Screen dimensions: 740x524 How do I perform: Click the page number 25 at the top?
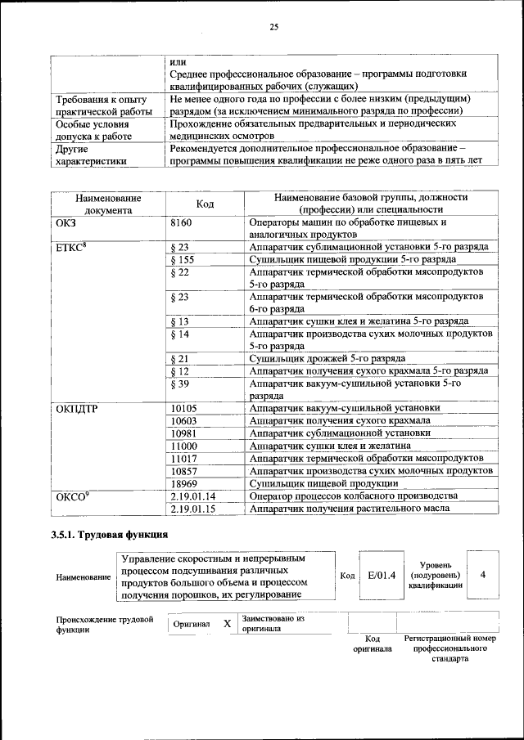(x=274, y=27)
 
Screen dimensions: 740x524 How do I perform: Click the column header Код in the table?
(x=206, y=204)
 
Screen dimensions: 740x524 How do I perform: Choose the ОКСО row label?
(x=70, y=496)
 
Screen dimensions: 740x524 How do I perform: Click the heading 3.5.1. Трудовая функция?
(x=111, y=536)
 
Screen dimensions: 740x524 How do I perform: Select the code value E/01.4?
(x=382, y=575)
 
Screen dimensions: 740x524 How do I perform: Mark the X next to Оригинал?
(x=227, y=624)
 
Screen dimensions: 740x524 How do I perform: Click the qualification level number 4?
(x=483, y=575)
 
